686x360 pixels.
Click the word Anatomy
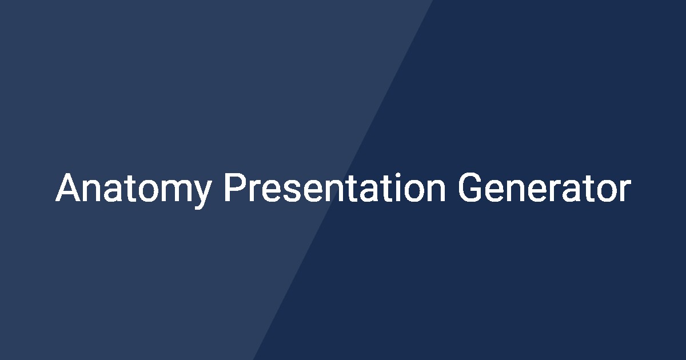point(133,189)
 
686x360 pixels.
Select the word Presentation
point(334,188)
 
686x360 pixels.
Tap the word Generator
point(544,188)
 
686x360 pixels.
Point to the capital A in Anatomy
point(67,188)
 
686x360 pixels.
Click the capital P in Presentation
point(233,188)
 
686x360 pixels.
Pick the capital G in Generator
point(470,188)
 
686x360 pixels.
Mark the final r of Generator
point(624,191)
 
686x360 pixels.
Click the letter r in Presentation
point(250,191)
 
